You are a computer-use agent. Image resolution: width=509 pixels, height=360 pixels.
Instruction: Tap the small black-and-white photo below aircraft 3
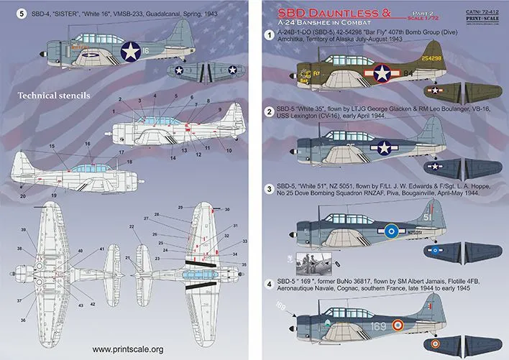(x=312, y=258)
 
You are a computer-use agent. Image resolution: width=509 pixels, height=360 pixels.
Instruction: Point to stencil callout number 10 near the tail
(x=229, y=149)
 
